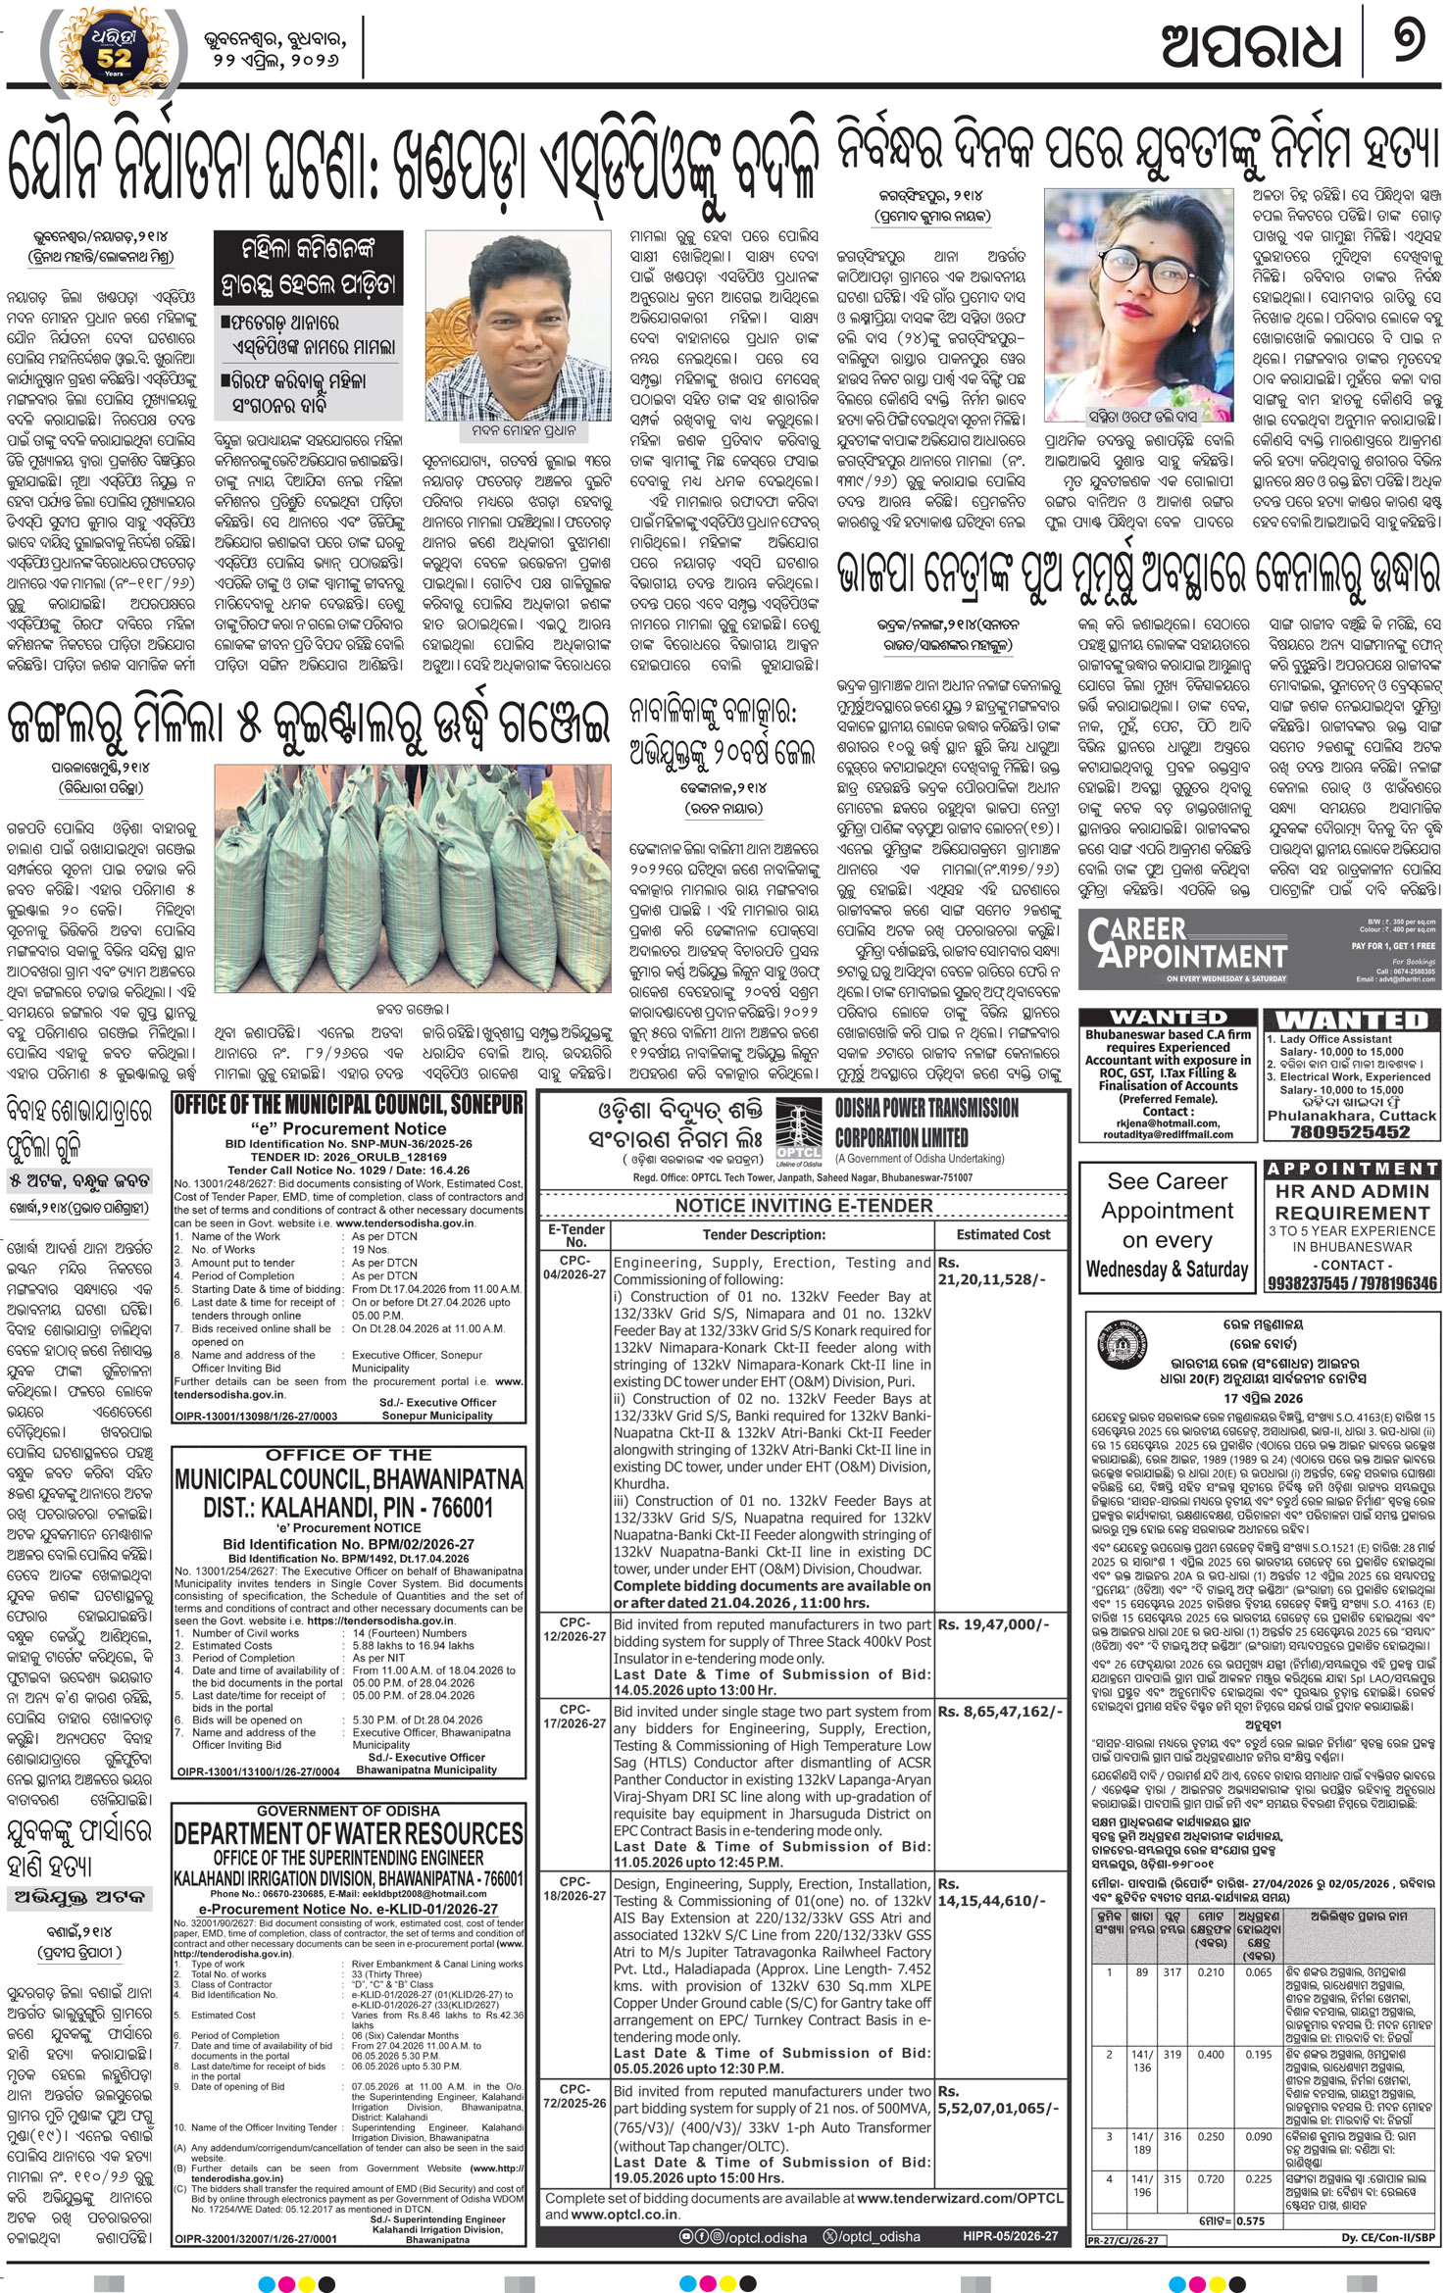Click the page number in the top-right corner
[1409, 47]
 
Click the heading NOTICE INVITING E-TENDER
[803, 1205]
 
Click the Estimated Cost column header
[1002, 1234]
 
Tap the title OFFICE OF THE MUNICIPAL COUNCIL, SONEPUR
[348, 1105]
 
